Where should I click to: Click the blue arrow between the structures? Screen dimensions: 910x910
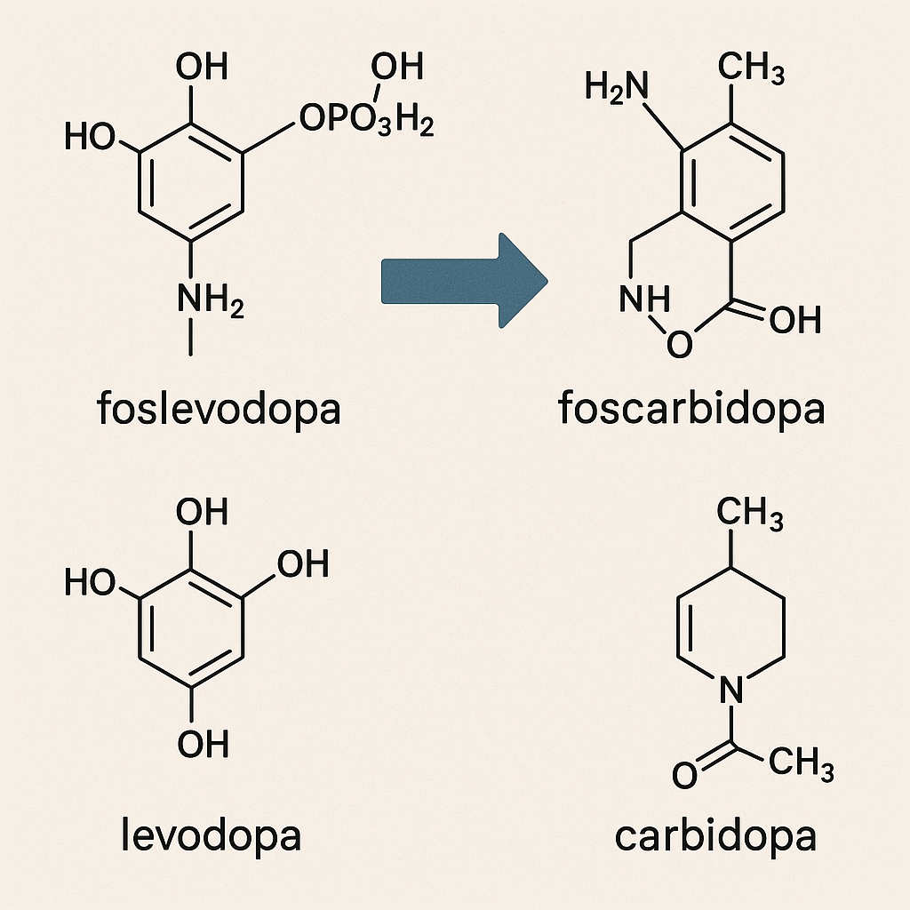pos(462,281)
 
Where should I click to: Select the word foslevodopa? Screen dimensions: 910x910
pos(218,410)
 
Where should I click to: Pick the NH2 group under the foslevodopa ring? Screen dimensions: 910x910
pos(210,299)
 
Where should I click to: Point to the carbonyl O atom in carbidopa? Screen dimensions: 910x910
pos(684,775)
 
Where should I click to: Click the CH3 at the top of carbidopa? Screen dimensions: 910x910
pos(750,513)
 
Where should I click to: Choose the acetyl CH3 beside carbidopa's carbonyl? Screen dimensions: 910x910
pos(801,762)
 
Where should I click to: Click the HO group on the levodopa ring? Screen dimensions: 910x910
pos(91,584)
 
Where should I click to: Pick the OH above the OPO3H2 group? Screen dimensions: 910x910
pos(396,66)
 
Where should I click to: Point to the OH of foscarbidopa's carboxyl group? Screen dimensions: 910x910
pos(795,320)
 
